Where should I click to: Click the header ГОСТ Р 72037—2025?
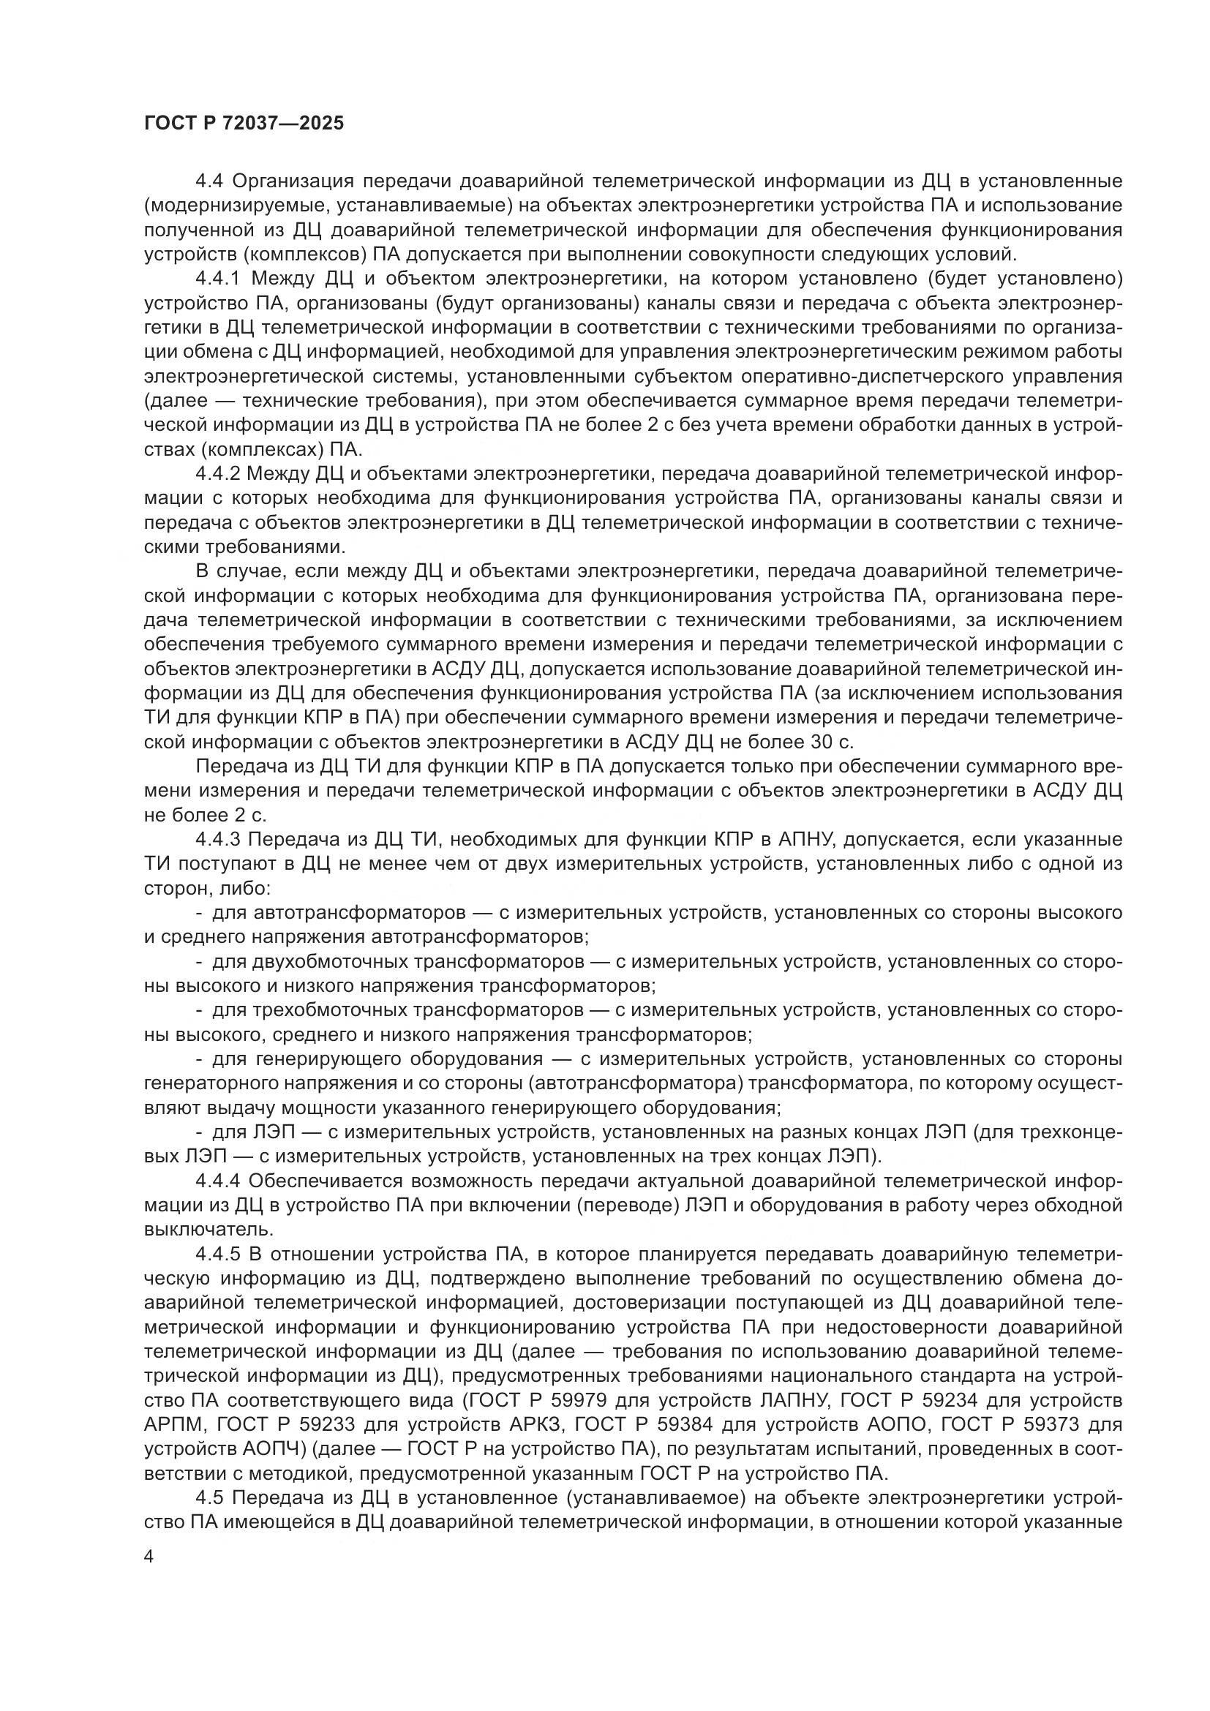tap(244, 123)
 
